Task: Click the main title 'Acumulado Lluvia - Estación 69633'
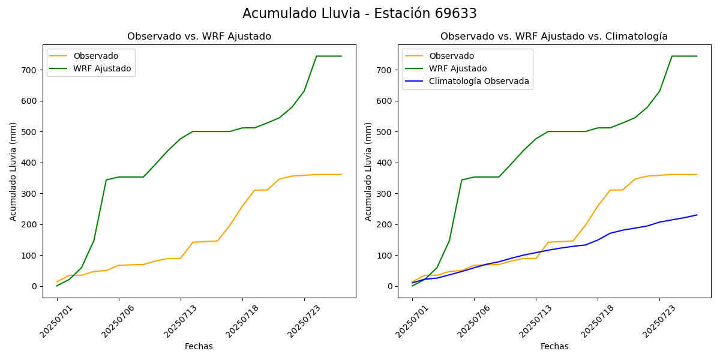[359, 14]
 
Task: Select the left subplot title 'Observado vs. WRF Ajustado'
[199, 37]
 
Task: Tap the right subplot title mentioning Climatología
[554, 37]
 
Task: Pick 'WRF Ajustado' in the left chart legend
[102, 68]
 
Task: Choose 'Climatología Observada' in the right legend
[479, 82]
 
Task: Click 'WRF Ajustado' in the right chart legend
[458, 68]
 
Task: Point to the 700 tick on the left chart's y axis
[29, 70]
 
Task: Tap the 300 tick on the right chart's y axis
[385, 194]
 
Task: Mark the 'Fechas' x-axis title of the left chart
[199, 346]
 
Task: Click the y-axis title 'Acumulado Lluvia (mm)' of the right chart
[368, 171]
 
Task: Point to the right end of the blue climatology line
[697, 215]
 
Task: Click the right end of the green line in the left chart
[341, 56]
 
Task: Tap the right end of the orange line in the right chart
[697, 175]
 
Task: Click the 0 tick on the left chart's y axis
[35, 286]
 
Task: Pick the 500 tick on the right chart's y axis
[385, 132]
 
